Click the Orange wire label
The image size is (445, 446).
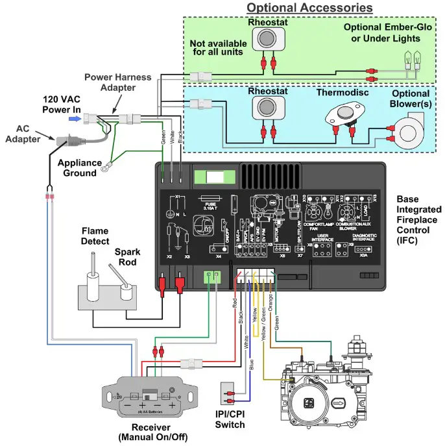[271, 307]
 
